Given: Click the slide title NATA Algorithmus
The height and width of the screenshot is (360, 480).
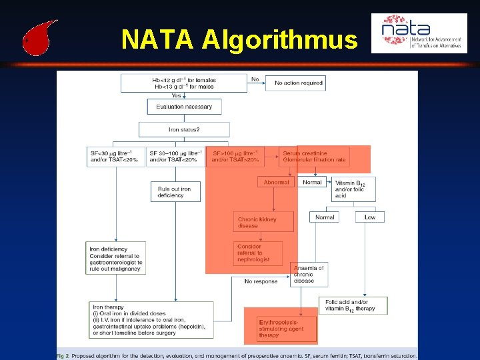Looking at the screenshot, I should (x=239, y=40).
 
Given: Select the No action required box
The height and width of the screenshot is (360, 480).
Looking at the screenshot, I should (x=299, y=83).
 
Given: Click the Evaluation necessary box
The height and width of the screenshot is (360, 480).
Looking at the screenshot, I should (x=184, y=107).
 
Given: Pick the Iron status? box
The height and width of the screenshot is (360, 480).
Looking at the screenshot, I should (x=184, y=129).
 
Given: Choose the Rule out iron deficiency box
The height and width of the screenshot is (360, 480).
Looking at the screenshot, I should (x=175, y=192).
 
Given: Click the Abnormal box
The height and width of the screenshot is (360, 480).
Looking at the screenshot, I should (x=276, y=182).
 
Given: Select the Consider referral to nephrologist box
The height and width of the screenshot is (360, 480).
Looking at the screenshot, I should (x=258, y=253).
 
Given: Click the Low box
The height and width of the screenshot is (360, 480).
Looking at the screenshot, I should (x=370, y=217).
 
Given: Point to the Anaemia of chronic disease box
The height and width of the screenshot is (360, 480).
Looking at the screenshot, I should (x=309, y=274).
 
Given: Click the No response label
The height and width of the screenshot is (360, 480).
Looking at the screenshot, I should (x=261, y=281).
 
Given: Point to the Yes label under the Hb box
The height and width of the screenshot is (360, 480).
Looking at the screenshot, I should (x=176, y=95).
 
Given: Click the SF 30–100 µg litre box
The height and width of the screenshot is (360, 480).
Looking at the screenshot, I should (x=175, y=157).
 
